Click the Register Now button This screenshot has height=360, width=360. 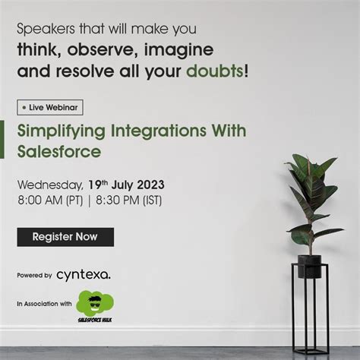(65, 237)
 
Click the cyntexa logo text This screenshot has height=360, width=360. (83, 274)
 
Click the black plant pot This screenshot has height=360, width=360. (309, 266)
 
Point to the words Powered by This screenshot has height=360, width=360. (34, 275)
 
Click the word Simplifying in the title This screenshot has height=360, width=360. (58, 131)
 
